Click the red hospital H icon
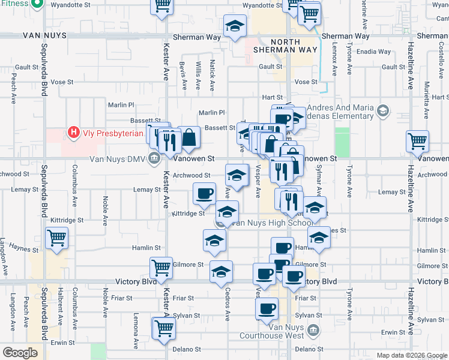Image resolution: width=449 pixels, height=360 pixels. point(74,131)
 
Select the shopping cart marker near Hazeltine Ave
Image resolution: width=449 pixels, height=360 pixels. point(417,142)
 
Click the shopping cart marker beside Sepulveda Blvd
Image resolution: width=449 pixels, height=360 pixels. point(57,238)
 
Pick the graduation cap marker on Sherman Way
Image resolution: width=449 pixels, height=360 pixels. point(235,26)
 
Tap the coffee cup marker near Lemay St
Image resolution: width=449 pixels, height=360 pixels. point(204,193)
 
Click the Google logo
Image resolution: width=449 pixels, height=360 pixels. point(20,353)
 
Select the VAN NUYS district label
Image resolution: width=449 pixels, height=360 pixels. point(43,36)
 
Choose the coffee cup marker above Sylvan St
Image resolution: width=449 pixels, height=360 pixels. point(267,308)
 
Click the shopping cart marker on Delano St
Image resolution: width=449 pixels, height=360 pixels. point(163,328)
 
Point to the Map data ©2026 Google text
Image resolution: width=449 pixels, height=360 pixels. point(412,355)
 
